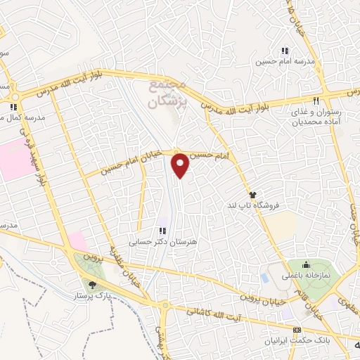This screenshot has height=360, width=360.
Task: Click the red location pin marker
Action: pyautogui.click(x=181, y=166)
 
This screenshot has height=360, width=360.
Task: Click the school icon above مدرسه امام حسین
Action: pyautogui.click(x=285, y=51)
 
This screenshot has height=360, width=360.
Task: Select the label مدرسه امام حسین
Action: pyautogui.click(x=285, y=62)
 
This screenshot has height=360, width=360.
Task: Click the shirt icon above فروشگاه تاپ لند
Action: pyautogui.click(x=252, y=194)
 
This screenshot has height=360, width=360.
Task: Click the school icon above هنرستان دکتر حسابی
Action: pyautogui.click(x=162, y=230)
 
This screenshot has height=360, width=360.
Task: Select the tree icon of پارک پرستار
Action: pyautogui.click(x=92, y=283)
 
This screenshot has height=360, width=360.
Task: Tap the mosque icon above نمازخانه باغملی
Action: pyautogui.click(x=306, y=265)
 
